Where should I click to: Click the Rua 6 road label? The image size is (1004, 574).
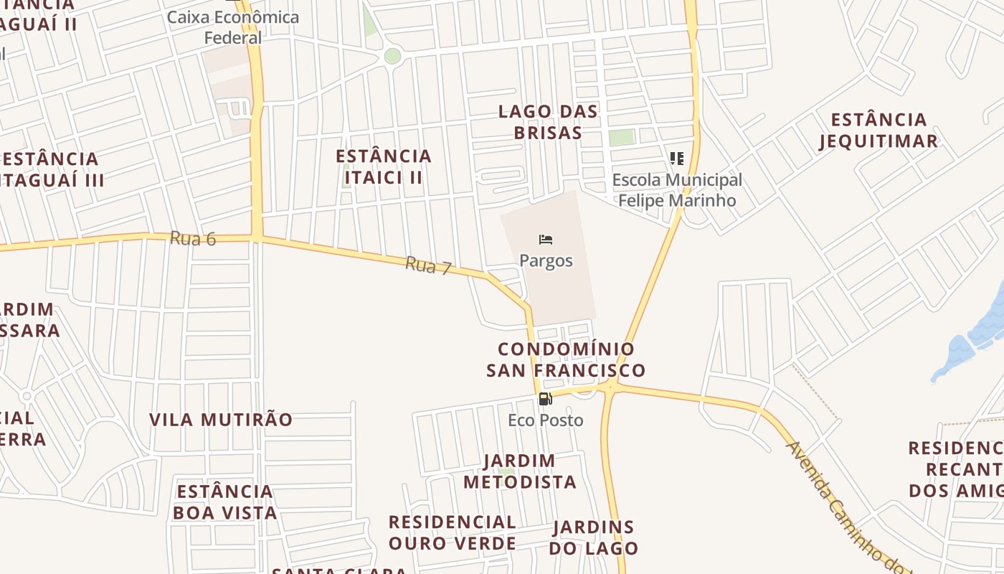pos(193,238)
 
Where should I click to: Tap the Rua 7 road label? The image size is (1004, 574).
pos(428,265)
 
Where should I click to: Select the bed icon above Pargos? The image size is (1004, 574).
pos(546,240)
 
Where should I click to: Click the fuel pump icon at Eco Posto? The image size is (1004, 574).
pos(545,399)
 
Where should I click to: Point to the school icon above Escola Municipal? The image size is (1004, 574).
pos(676,158)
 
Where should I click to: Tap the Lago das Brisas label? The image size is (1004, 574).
pos(548,122)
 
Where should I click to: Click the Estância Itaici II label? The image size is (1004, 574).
pos(384,166)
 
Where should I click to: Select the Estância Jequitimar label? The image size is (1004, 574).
pos(879,130)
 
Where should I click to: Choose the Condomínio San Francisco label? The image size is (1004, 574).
pos(566,359)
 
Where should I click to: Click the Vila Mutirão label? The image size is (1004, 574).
pos(221,420)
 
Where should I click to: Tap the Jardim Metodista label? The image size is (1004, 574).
pos(520,471)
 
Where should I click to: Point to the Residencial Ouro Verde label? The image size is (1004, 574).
pos(452,532)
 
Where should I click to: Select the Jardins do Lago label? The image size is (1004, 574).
pos(594,537)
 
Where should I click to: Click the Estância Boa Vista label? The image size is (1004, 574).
pos(224,502)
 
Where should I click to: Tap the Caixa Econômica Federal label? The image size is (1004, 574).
pos(233,27)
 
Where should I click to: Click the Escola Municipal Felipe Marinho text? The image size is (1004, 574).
pos(677,190)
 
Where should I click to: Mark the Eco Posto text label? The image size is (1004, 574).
pos(546,420)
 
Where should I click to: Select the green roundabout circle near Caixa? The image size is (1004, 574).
pos(392,56)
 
